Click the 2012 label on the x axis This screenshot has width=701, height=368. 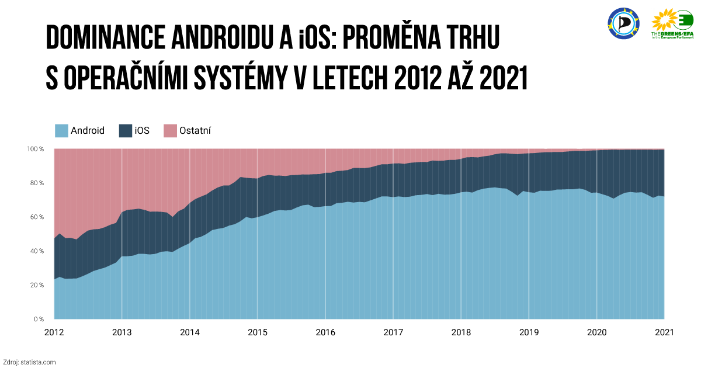(x=54, y=332)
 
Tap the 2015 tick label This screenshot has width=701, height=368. (x=258, y=332)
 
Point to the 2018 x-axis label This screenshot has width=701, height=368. (x=461, y=332)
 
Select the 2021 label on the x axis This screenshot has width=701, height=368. (x=664, y=332)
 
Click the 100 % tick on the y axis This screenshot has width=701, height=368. (x=36, y=149)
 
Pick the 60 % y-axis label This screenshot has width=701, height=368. (x=37, y=217)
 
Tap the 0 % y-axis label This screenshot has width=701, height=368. (x=39, y=319)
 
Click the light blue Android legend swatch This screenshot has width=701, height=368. (x=61, y=131)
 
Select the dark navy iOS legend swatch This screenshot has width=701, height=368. (x=126, y=131)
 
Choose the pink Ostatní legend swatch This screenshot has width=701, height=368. (x=170, y=131)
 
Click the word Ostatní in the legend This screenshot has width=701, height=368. (x=195, y=130)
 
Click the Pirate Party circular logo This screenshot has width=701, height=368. (x=623, y=23)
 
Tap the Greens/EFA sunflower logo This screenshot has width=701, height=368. (x=672, y=24)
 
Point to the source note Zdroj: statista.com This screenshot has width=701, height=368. (x=29, y=362)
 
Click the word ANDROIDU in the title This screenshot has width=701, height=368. (x=222, y=37)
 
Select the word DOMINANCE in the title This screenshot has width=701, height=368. (x=106, y=37)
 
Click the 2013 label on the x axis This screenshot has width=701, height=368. (x=122, y=332)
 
